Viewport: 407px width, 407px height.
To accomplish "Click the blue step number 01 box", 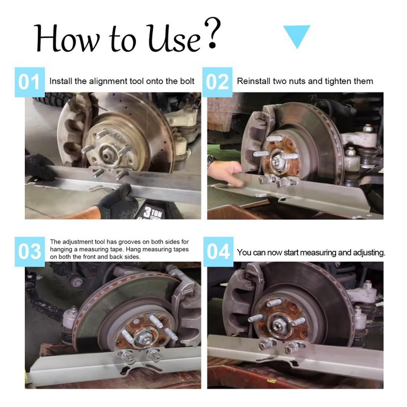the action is click(30, 82).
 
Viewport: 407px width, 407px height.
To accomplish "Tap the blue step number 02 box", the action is click(217, 82).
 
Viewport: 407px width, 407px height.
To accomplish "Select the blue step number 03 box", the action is click(30, 252).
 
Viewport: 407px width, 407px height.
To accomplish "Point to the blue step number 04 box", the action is click(218, 252).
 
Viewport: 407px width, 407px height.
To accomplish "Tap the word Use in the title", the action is click(174, 38).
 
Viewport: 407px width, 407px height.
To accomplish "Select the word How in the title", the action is click(67, 38).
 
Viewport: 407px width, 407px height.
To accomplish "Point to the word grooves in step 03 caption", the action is click(129, 242).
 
